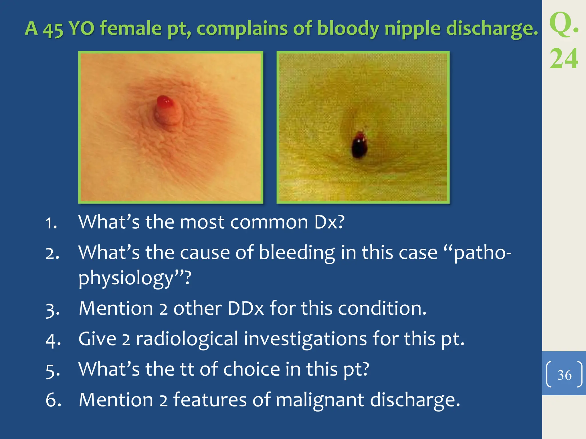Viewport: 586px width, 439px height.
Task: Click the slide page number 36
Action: click(564, 375)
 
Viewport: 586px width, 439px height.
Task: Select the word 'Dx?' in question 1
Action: click(329, 222)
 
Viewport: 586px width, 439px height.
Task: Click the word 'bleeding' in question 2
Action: click(297, 253)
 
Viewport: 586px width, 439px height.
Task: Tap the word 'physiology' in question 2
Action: click(126, 278)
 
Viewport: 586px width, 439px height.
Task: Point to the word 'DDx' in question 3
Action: click(246, 309)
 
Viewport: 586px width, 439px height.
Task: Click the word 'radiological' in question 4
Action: click(187, 339)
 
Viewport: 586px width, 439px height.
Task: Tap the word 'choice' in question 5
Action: click(251, 369)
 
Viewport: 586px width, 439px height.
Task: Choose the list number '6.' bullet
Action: click(53, 400)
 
